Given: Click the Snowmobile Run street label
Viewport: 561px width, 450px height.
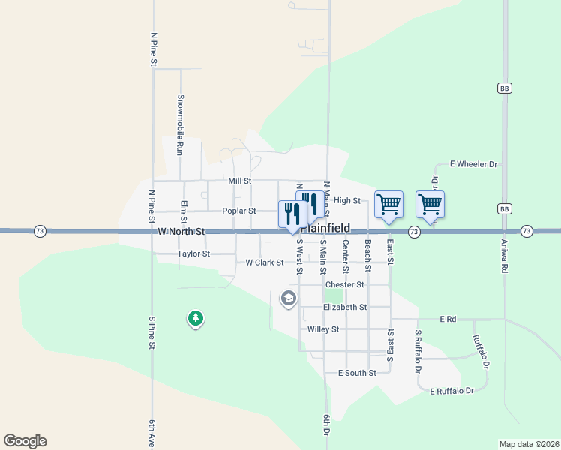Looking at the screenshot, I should point(180,124).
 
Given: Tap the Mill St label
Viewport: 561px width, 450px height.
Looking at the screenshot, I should point(239,181).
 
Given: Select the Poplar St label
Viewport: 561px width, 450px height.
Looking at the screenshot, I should point(239,211).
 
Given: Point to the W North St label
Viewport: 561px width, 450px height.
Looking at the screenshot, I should point(181,232).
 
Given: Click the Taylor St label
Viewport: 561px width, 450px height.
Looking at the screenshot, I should point(193,254).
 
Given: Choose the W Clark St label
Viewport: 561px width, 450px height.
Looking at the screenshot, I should point(265,262).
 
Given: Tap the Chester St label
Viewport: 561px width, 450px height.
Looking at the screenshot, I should point(344,285).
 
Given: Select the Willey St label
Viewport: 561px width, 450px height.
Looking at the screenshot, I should point(323,329).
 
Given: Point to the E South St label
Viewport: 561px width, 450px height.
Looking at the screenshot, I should point(356,373).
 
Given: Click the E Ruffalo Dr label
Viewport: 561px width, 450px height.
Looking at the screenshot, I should point(452,391).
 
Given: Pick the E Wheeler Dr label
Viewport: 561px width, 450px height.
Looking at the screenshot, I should point(473,163).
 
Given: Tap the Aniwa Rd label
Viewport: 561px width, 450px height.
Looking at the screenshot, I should point(504,256).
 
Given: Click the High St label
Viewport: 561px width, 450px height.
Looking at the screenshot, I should point(347,200).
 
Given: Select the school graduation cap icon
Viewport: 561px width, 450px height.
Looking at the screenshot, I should point(288,299).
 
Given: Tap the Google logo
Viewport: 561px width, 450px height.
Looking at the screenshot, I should point(25,441).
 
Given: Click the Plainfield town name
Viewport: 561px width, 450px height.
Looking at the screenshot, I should point(325,228).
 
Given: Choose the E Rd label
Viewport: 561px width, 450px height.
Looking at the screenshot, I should point(448,319).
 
